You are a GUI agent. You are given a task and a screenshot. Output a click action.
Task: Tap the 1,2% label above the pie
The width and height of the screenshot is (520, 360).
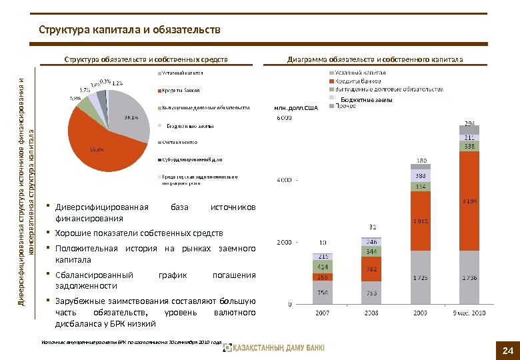[x=117, y=83]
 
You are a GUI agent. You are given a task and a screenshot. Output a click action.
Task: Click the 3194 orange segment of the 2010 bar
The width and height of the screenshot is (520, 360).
[x=469, y=200]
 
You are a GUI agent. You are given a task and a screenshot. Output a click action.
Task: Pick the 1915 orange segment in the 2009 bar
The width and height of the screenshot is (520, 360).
[x=420, y=221]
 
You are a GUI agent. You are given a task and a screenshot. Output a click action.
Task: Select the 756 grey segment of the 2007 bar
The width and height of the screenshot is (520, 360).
[x=323, y=291]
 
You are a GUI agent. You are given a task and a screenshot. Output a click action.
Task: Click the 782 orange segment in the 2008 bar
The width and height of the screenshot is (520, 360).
[x=371, y=269]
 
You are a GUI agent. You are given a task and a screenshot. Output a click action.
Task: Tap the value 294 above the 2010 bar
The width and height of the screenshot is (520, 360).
[x=469, y=123]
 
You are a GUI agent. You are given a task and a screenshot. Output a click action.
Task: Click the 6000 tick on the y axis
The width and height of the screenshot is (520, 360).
[x=283, y=119]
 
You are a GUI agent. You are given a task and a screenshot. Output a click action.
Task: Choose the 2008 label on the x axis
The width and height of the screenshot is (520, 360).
[x=371, y=311]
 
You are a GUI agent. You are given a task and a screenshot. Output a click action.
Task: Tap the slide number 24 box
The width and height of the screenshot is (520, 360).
[x=507, y=351]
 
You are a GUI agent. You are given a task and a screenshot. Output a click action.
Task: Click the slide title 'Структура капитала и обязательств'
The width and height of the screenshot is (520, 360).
[x=129, y=30]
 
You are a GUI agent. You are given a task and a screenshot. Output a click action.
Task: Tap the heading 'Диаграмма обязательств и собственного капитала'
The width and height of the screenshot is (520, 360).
[x=375, y=59]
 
